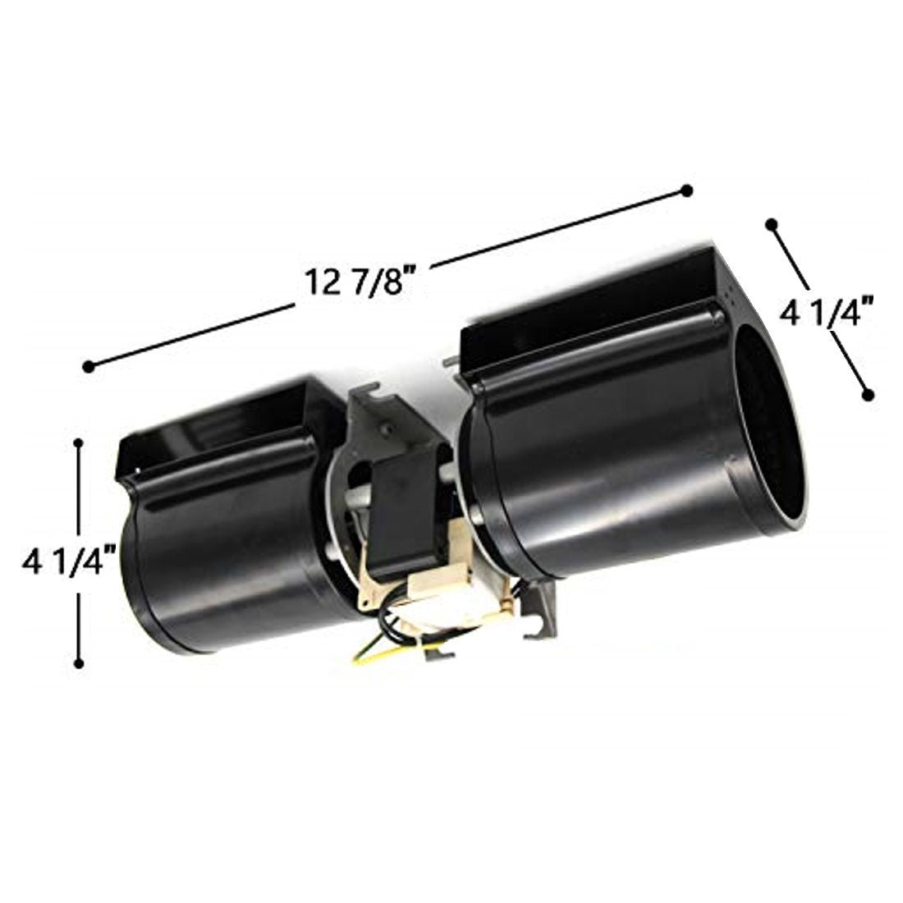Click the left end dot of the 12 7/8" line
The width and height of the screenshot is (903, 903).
click(x=89, y=366)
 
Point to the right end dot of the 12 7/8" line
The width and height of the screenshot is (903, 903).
click(x=686, y=191)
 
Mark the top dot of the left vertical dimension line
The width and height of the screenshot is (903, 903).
click(x=79, y=443)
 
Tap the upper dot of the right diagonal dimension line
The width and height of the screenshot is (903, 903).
click(x=770, y=223)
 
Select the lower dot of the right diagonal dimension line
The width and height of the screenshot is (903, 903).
click(x=867, y=395)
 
